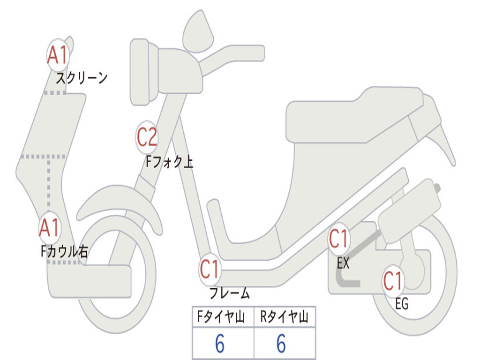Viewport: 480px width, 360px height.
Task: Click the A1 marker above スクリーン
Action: click(58, 55)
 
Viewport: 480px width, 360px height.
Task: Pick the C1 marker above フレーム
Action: click(210, 270)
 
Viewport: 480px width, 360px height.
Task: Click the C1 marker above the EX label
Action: click(338, 239)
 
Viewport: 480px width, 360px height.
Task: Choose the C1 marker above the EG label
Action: click(393, 281)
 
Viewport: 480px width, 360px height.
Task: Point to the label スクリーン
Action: click(82, 78)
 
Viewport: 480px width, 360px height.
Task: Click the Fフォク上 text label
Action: click(169, 162)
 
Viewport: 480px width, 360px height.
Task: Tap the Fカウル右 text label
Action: click(64, 252)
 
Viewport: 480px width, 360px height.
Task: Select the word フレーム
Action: click(229, 294)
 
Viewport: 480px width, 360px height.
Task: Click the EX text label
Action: click(343, 263)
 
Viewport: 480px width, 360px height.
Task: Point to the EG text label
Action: click(402, 304)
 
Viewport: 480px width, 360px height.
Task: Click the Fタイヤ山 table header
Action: click(222, 317)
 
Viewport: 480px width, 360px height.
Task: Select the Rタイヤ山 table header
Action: click(285, 317)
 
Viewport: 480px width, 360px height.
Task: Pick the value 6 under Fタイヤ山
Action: click(220, 344)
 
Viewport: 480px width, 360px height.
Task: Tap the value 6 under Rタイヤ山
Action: click(281, 344)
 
